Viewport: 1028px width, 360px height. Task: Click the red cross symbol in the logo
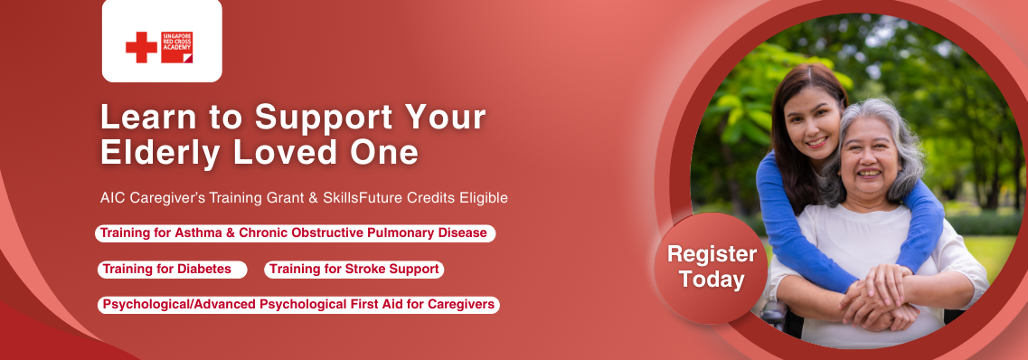pyautogui.click(x=141, y=47)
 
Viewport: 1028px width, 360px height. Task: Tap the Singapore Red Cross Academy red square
pyautogui.click(x=177, y=47)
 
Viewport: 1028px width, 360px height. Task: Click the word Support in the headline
pyautogui.click(x=323, y=118)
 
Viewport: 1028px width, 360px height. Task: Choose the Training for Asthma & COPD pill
pyautogui.click(x=295, y=233)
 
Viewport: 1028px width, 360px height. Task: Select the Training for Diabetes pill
pyautogui.click(x=173, y=270)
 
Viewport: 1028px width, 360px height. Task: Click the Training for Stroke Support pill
pyautogui.click(x=354, y=270)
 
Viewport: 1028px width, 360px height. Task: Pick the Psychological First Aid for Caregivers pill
pyautogui.click(x=298, y=305)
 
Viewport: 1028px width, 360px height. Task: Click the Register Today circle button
pyautogui.click(x=712, y=268)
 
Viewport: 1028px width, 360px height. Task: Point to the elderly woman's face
pyautogui.click(x=869, y=158)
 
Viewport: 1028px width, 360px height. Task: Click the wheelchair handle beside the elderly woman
pyautogui.click(x=775, y=315)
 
